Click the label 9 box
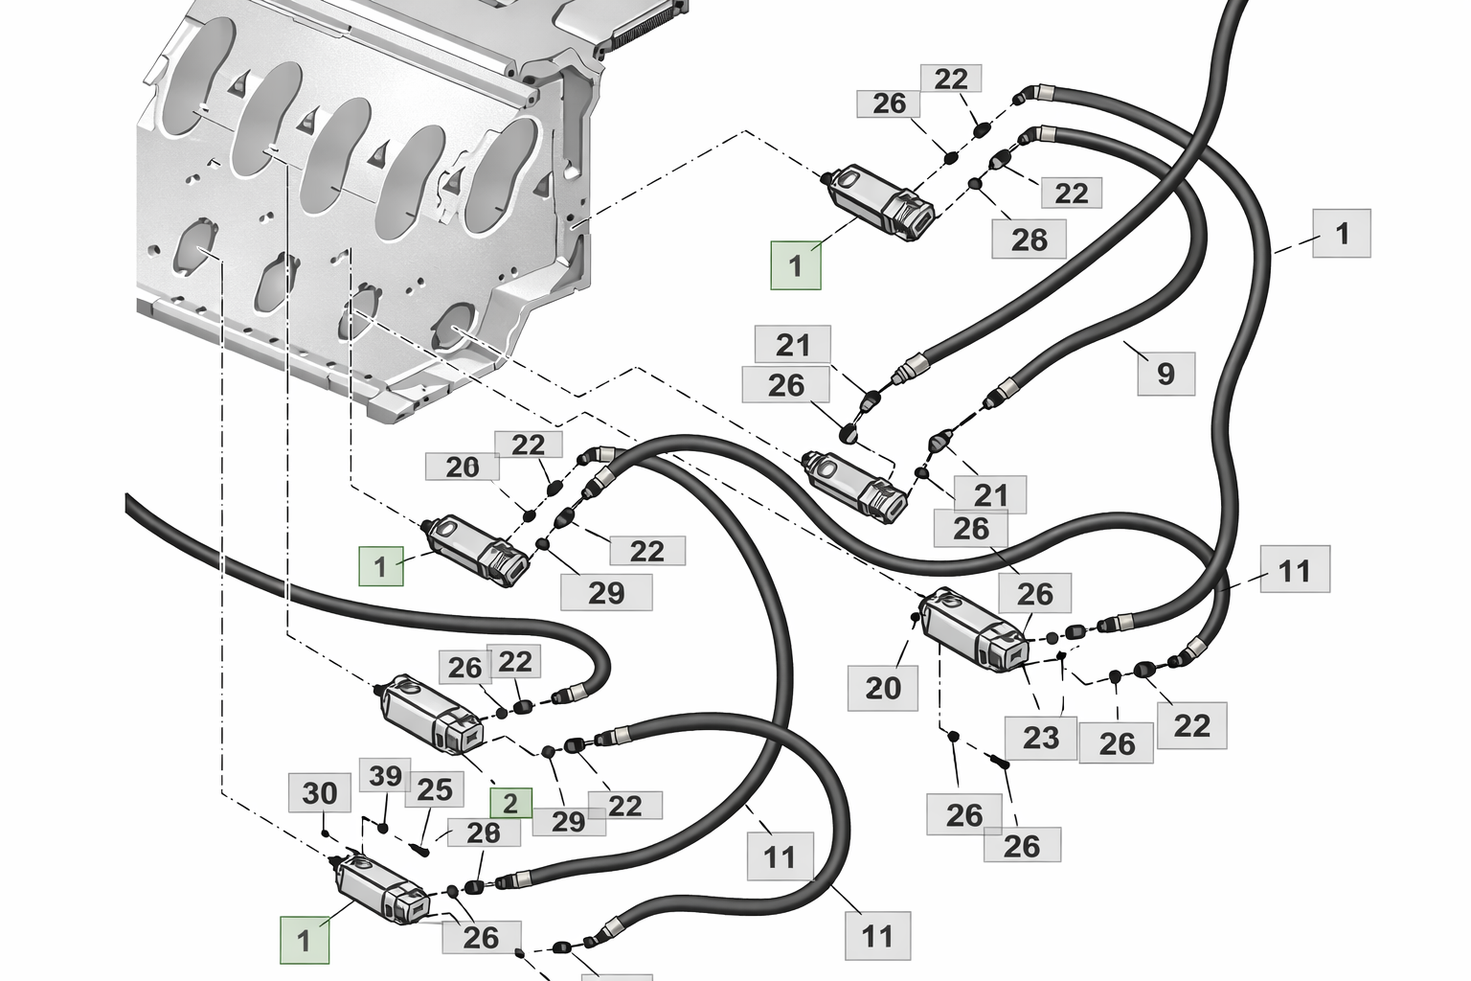[1165, 373]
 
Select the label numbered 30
[320, 793]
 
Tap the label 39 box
[385, 776]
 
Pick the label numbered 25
[434, 789]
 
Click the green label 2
[510, 804]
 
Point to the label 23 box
[1040, 737]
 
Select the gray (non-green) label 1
[1341, 233]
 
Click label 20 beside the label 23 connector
[882, 687]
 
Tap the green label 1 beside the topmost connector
[796, 265]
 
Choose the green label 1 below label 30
[305, 940]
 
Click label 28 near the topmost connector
[1029, 239]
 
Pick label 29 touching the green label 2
[568, 821]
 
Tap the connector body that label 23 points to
[972, 628]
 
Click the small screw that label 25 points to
[421, 848]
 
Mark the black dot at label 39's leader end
[383, 827]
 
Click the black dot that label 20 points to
[914, 619]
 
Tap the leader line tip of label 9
[1125, 342]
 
